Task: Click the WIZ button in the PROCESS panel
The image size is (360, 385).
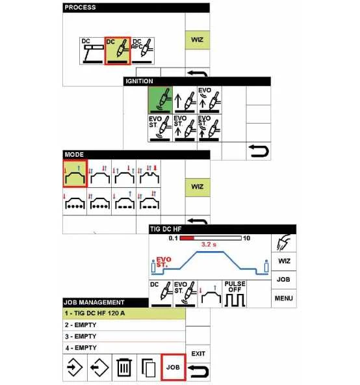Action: pos(198,40)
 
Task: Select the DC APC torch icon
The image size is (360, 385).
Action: pos(142,51)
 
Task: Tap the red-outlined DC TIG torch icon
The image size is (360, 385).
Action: pos(118,51)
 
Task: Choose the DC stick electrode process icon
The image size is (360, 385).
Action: pos(92,51)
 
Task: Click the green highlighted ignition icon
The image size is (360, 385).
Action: pos(161,100)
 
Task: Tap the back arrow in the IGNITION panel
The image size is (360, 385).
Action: pos(259,151)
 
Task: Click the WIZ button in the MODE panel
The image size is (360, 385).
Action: pos(198,187)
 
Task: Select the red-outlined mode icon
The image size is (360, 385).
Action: pos(75,174)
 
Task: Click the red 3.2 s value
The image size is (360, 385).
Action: pos(209,245)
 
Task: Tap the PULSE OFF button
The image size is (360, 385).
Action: pos(235,294)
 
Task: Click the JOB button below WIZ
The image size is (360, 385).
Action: pos(283,280)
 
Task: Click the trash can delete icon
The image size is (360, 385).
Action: pos(124,367)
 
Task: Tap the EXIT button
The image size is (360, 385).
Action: pos(198,354)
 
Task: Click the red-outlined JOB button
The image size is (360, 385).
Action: pos(174,367)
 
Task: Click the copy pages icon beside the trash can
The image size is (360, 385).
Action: pos(149,367)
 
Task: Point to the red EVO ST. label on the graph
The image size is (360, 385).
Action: pos(164,262)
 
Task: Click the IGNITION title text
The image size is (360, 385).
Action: pos(139,81)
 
